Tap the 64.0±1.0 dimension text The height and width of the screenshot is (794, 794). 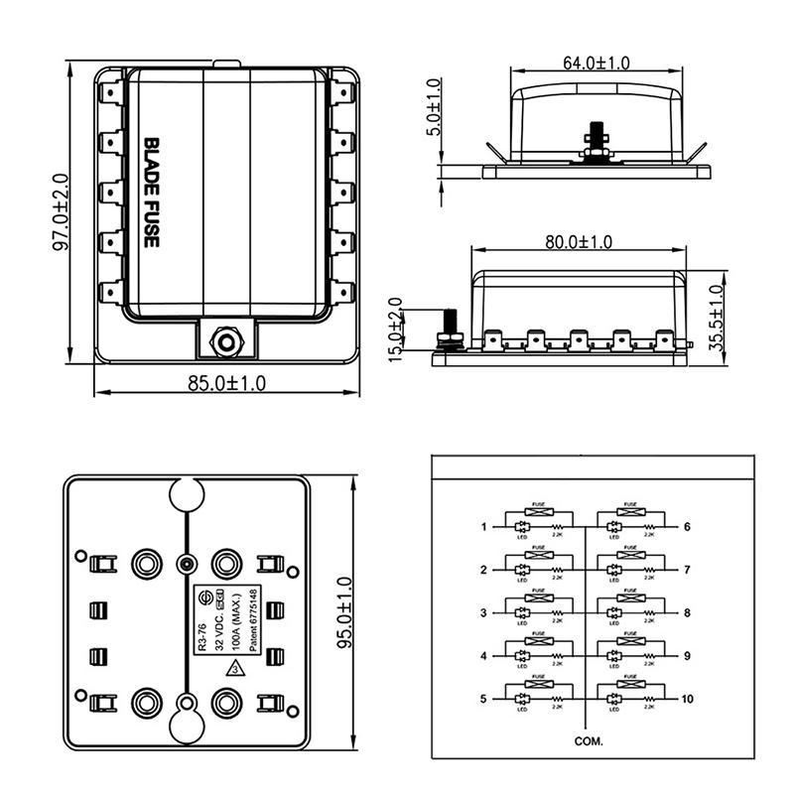click(x=595, y=63)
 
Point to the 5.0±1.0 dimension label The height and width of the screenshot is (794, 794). click(x=434, y=112)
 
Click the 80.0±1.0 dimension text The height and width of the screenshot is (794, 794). click(x=578, y=242)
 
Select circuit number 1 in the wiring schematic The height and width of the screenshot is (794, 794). click(x=484, y=527)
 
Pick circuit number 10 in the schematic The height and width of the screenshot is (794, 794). click(x=687, y=700)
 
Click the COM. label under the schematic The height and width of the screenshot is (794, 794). click(x=588, y=740)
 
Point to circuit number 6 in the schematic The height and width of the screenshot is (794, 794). click(x=687, y=527)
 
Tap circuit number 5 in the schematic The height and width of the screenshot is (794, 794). click(x=484, y=700)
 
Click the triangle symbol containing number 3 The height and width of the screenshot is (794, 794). click(x=234, y=669)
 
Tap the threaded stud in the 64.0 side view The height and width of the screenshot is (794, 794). click(x=596, y=137)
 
